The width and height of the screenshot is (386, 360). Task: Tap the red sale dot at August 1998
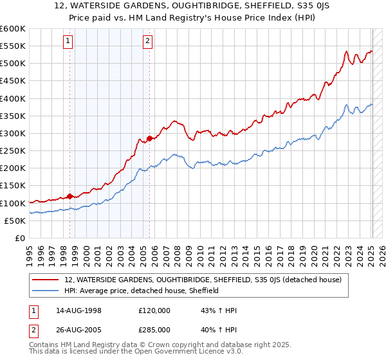point(70,196)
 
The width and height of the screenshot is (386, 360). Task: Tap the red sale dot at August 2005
point(150,138)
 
